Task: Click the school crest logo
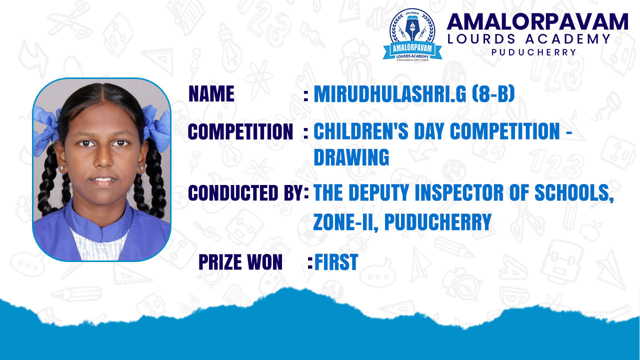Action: click(412, 35)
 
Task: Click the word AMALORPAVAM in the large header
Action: click(537, 21)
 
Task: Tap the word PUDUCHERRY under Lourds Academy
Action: click(533, 52)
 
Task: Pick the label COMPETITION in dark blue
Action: click(240, 131)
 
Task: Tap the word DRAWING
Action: click(351, 157)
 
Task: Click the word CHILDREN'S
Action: click(361, 131)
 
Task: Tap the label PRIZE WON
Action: click(240, 262)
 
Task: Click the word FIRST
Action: click(336, 262)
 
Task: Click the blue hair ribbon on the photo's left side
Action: click(45, 130)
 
